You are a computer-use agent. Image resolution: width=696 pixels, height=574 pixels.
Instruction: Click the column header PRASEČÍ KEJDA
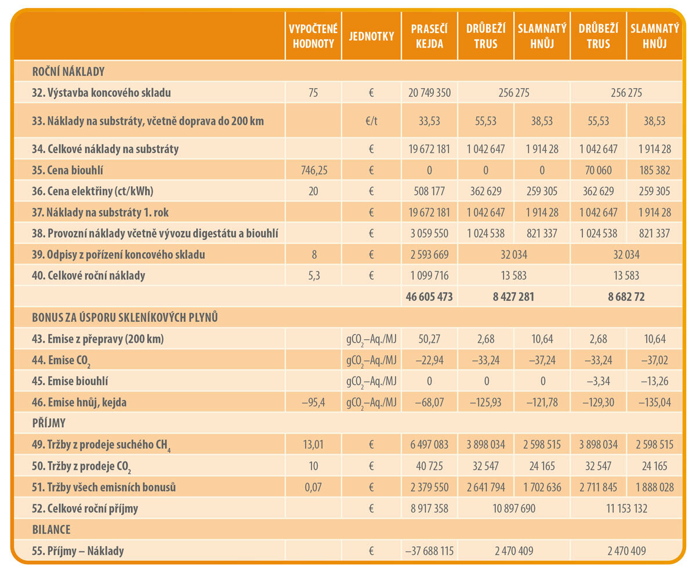[x=429, y=36]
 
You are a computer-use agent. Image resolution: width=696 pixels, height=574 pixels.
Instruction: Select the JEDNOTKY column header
[x=371, y=36]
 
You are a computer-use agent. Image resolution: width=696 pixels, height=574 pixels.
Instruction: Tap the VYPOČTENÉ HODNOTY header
[x=313, y=36]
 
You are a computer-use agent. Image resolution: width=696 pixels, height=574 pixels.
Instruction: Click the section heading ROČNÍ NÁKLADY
[x=68, y=72]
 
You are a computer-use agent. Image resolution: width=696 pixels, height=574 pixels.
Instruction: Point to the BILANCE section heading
[x=52, y=530]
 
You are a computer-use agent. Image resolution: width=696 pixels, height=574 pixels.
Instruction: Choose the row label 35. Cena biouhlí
[x=68, y=170]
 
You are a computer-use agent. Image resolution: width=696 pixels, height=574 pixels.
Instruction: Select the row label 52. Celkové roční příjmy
[x=85, y=508]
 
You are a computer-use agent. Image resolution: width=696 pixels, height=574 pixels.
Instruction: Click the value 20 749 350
[x=429, y=93]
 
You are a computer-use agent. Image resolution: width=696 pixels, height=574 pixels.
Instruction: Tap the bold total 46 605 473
[x=429, y=297]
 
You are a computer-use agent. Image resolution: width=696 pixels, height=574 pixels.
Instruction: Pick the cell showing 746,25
[x=313, y=170]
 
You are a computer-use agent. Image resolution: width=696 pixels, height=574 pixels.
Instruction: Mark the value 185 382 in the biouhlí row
[x=654, y=170]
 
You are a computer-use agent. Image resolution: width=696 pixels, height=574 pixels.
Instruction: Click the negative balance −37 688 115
[x=429, y=551]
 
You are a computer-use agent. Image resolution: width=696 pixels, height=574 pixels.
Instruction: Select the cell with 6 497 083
[x=429, y=445]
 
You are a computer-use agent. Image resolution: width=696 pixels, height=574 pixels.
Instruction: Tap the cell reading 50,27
[x=429, y=339]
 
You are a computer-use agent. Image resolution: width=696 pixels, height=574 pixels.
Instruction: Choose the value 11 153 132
[x=626, y=508]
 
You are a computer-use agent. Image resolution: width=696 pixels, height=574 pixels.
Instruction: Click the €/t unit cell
[x=371, y=121]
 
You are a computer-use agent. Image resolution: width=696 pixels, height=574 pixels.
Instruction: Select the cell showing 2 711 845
[x=598, y=487]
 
